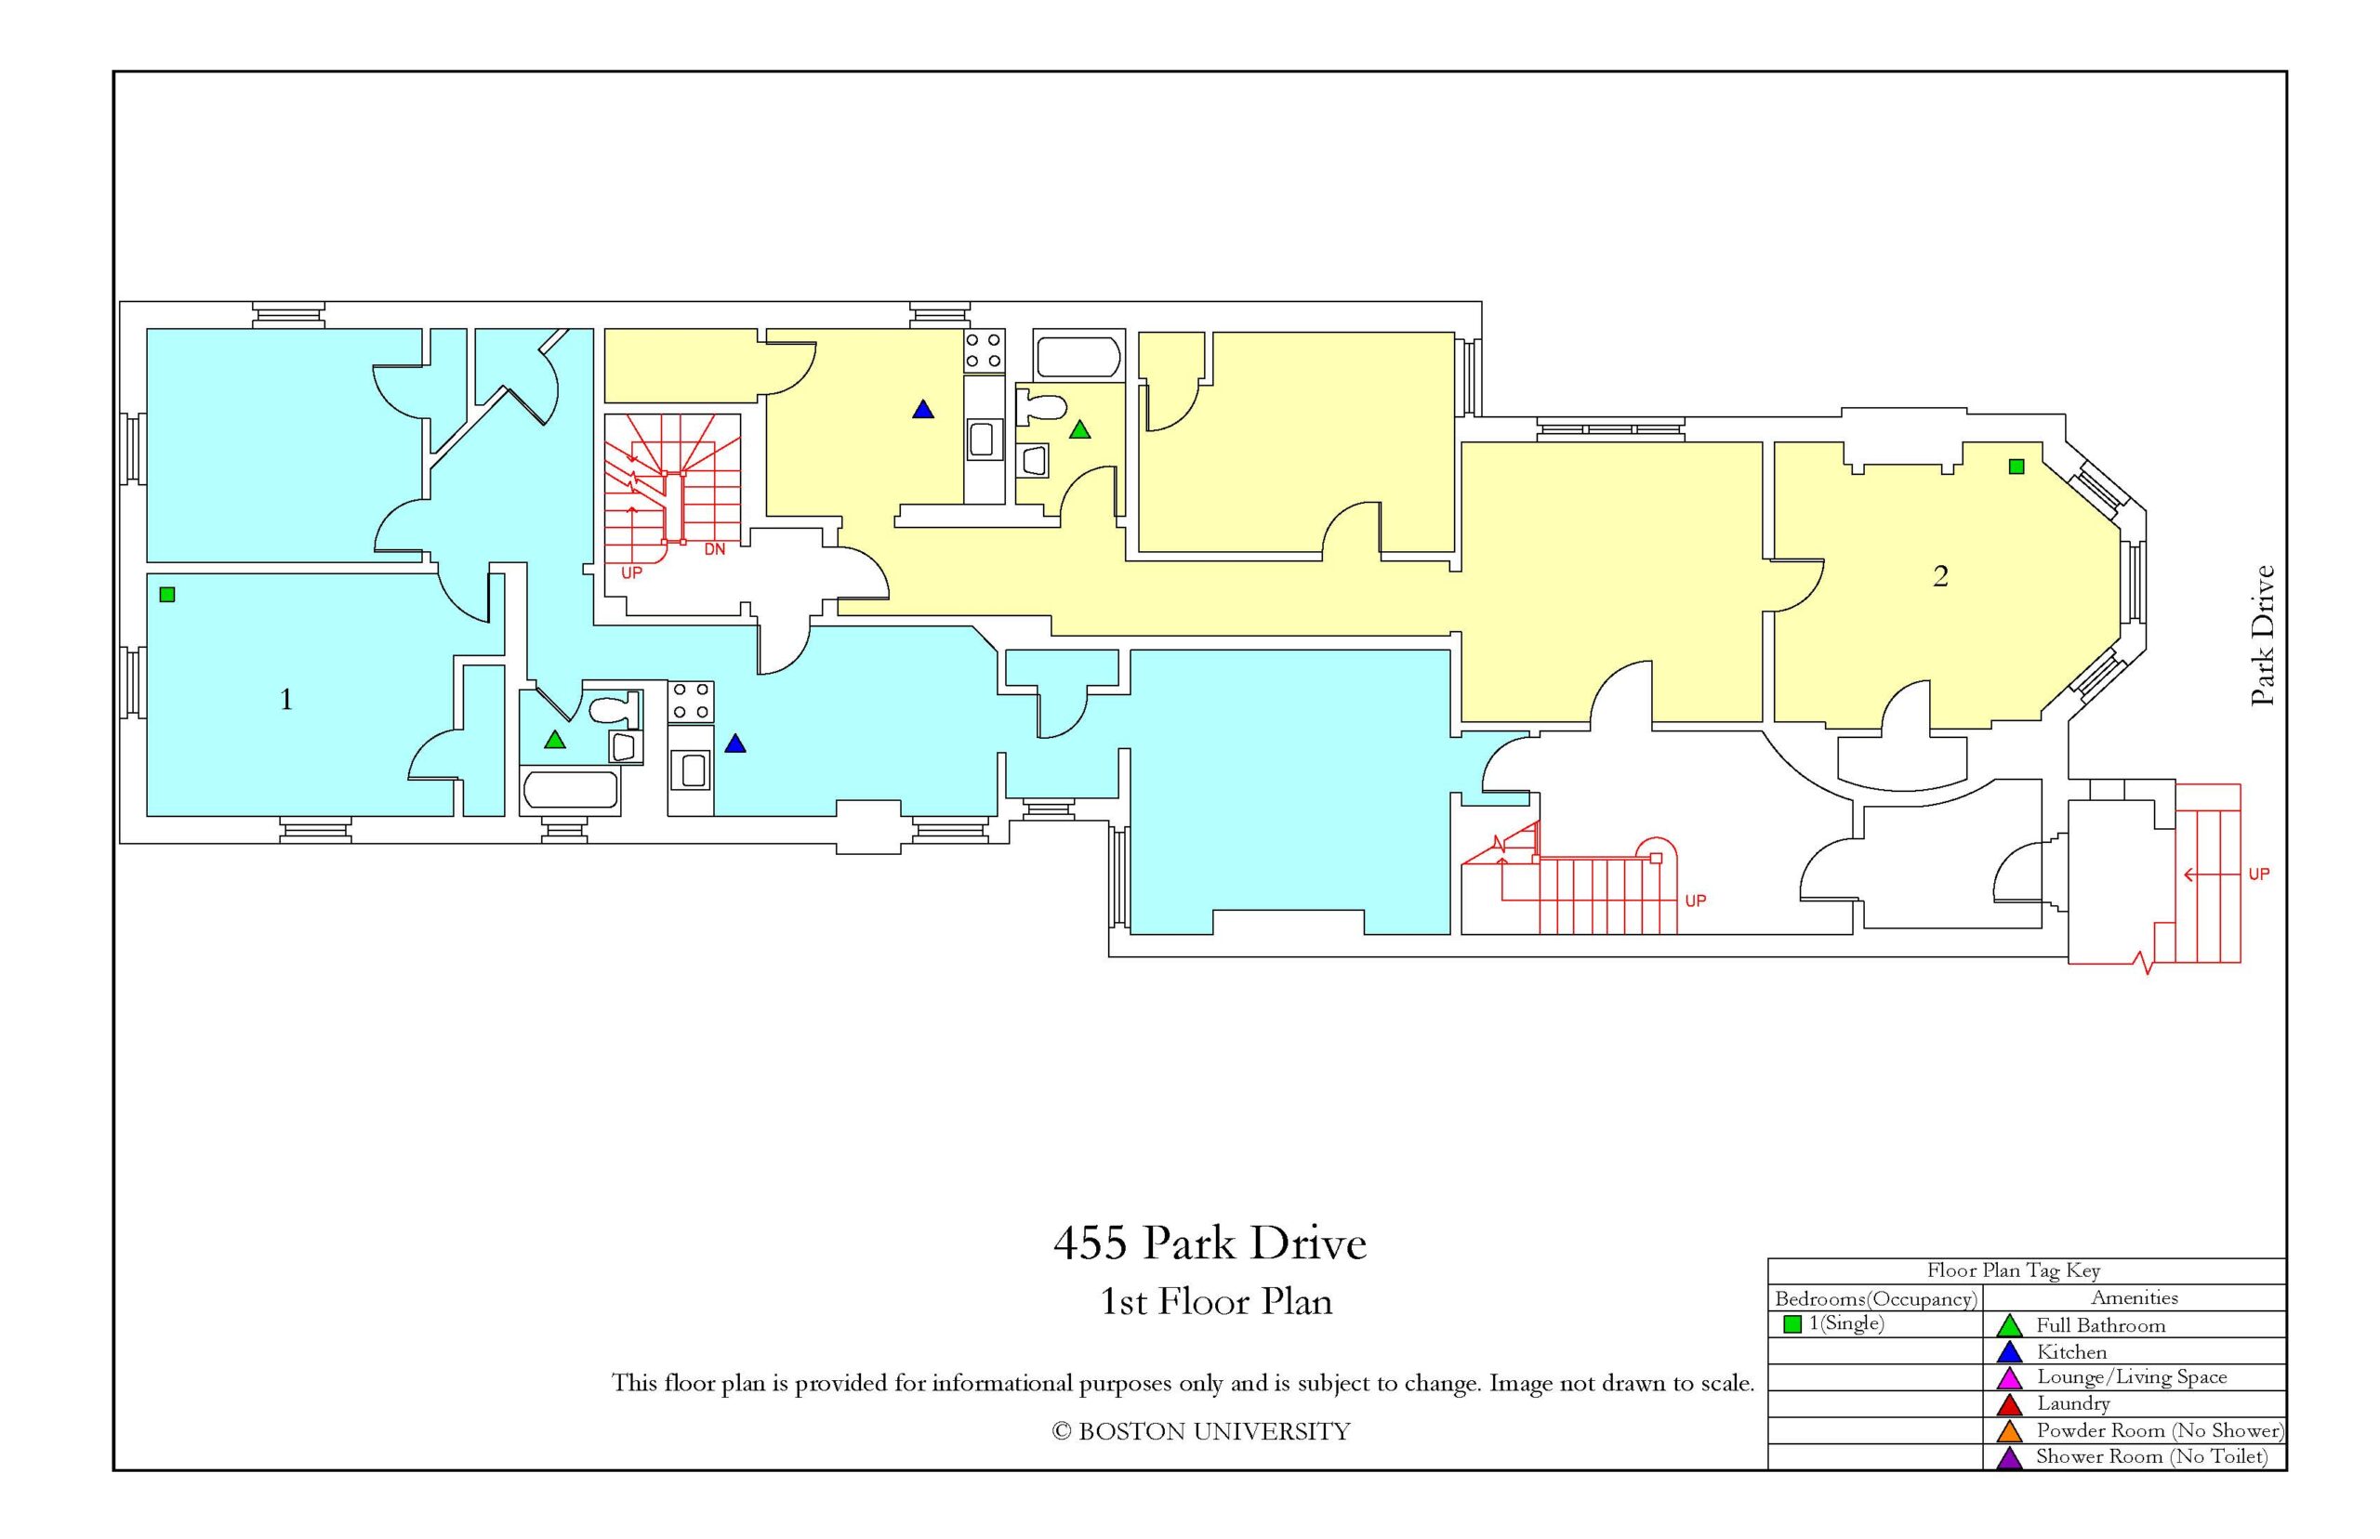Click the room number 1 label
(x=286, y=699)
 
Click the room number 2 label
(x=1939, y=575)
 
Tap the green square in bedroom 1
(x=167, y=595)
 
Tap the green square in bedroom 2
(x=2016, y=467)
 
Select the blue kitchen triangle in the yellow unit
(x=922, y=410)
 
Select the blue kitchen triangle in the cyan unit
(x=734, y=743)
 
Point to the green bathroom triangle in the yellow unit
(x=1079, y=429)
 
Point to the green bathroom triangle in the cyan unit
(x=555, y=740)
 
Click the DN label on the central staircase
(x=714, y=549)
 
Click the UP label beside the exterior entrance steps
(x=2259, y=875)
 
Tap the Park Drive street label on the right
(x=2262, y=636)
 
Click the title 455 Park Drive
(x=1210, y=1243)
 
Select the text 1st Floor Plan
(x=1215, y=1301)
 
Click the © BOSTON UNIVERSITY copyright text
(x=1200, y=1431)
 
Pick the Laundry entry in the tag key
(x=2073, y=1403)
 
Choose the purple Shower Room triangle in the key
(x=2008, y=1458)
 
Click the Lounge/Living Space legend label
(x=2132, y=1377)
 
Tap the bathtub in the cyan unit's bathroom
(x=570, y=790)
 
